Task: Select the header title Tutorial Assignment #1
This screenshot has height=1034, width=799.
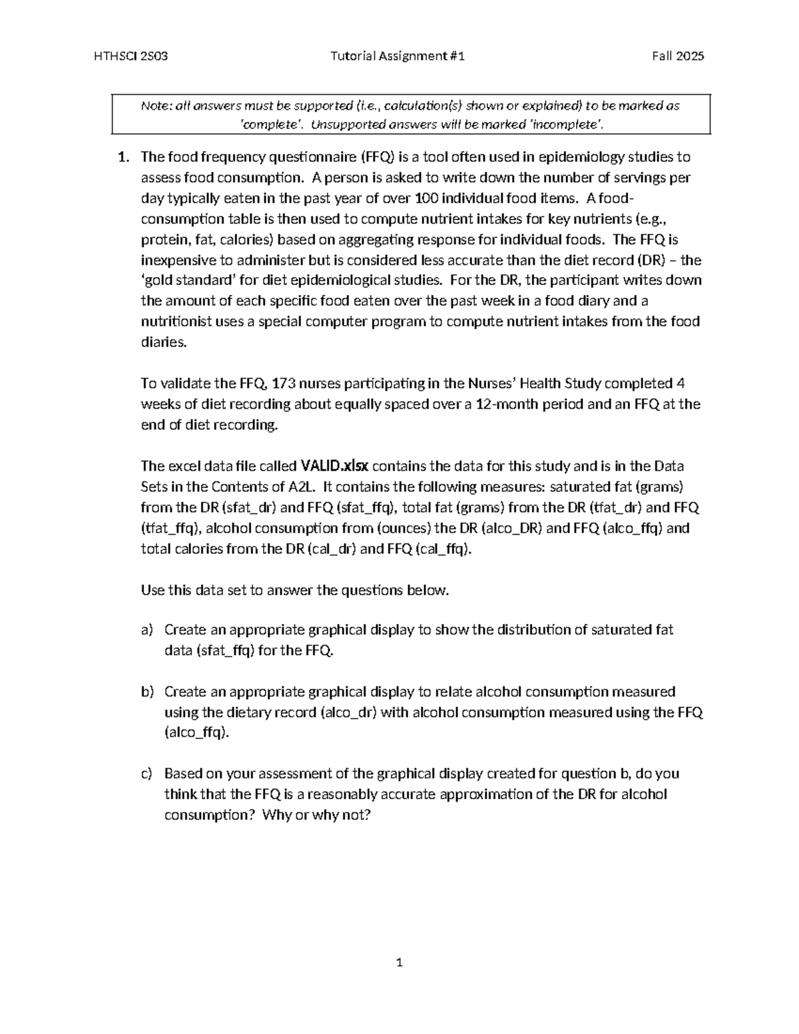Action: (x=398, y=56)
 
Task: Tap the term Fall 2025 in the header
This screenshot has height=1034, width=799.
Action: (x=678, y=56)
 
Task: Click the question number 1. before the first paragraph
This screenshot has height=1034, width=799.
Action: (x=123, y=157)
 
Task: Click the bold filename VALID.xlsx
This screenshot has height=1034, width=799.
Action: (x=339, y=466)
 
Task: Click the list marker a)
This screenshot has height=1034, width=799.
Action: (x=146, y=630)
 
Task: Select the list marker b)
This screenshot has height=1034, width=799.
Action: (x=146, y=692)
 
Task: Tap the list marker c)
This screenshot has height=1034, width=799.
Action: (x=146, y=774)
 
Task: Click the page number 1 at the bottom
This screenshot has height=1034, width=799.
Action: (x=400, y=962)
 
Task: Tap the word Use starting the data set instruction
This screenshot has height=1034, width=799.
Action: (x=152, y=590)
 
